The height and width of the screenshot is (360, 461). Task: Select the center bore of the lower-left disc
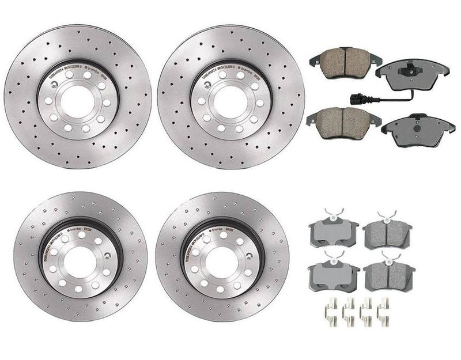[78, 261]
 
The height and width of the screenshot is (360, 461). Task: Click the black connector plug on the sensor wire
[352, 97]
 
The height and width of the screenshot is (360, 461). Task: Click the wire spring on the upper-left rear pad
[331, 214]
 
